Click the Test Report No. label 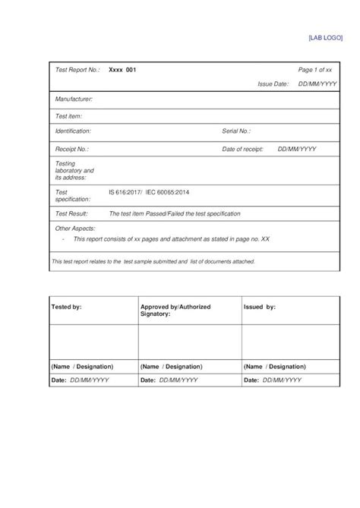point(77,70)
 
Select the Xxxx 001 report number point(122,70)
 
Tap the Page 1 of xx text point(314,70)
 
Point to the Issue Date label point(273,84)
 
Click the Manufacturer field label point(74,99)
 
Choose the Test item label point(69,116)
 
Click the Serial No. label point(242,131)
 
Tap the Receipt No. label point(72,150)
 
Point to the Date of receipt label point(243,150)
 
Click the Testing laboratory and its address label point(74,171)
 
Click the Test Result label point(73,214)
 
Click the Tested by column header point(66,306)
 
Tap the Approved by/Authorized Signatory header point(175,310)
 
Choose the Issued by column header point(260,306)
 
